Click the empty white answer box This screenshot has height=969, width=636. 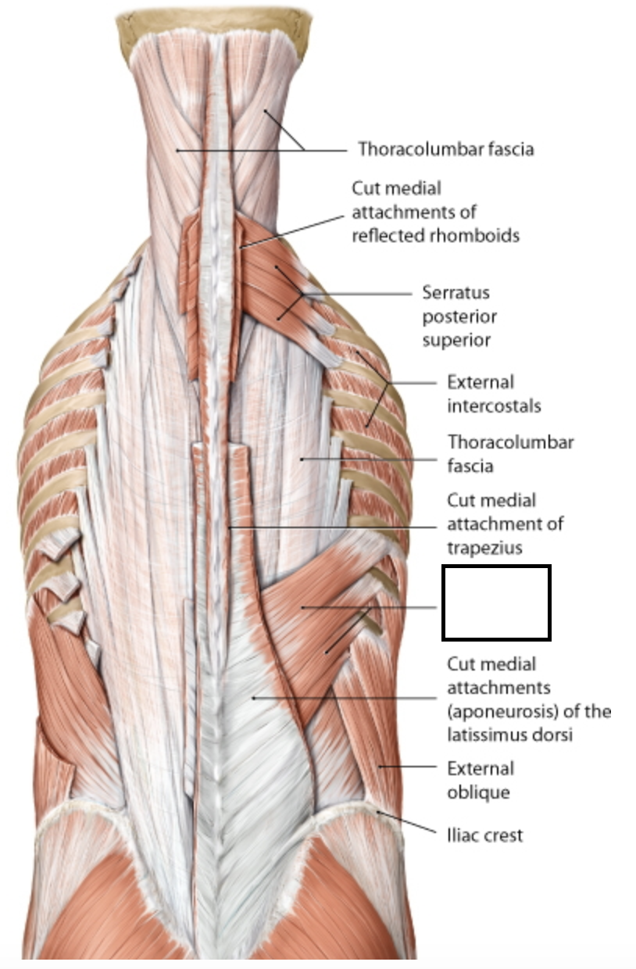[496, 602]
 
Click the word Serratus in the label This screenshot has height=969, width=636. [456, 294]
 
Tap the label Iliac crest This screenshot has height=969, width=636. [484, 835]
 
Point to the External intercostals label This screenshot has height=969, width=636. [493, 394]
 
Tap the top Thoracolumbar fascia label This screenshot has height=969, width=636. [445, 149]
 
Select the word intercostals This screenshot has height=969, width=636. [493, 406]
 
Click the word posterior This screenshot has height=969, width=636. [459, 317]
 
